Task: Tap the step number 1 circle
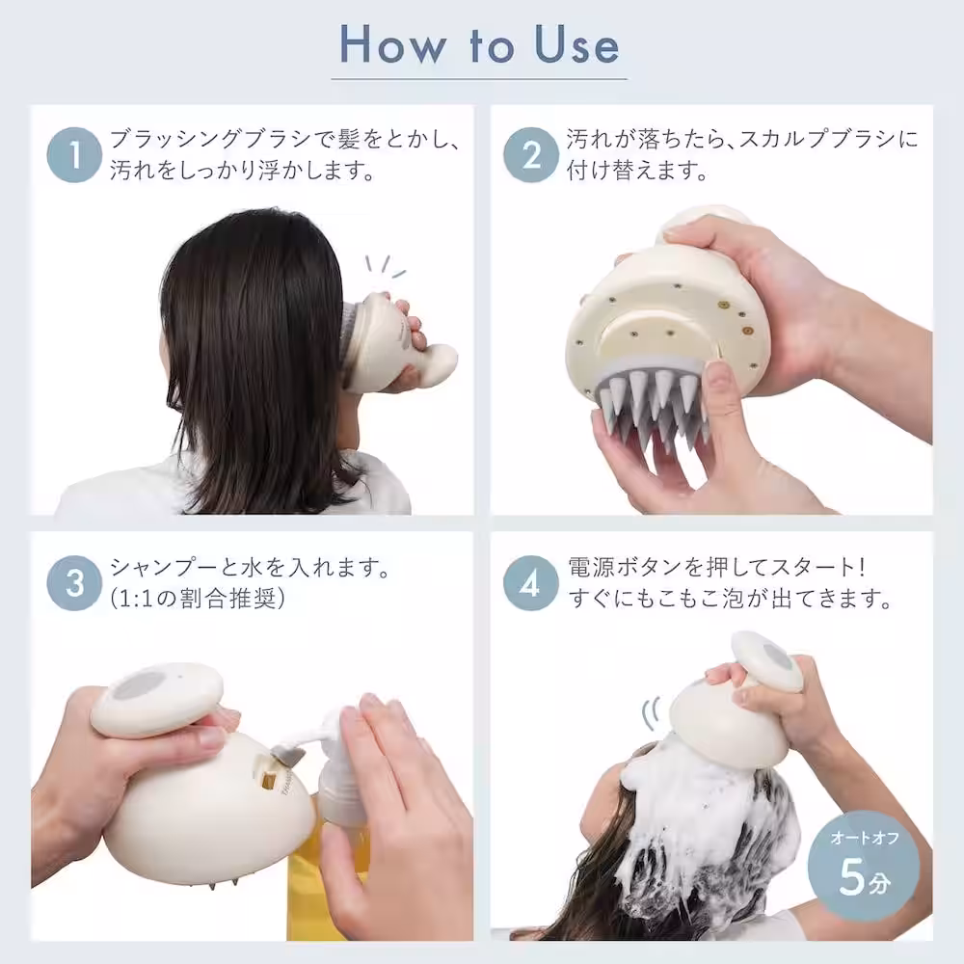[x=74, y=155]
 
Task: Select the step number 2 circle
[x=531, y=155]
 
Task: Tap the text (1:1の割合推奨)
[x=199, y=599]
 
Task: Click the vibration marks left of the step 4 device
[x=650, y=714]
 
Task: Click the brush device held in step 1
[x=390, y=347]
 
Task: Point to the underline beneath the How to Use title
[x=479, y=79]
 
